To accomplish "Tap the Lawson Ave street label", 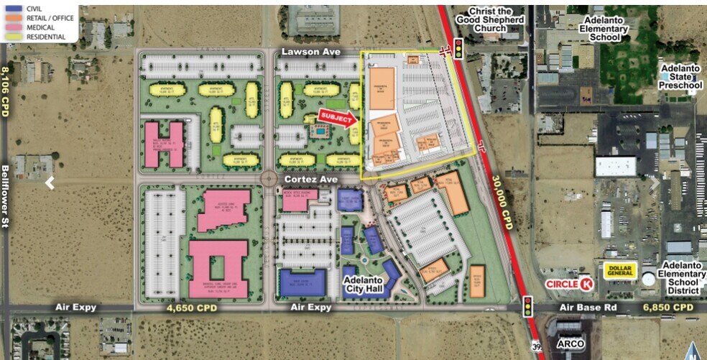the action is click(x=310, y=52).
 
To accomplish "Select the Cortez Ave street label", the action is click(x=310, y=178).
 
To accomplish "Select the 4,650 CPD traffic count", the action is click(x=191, y=308).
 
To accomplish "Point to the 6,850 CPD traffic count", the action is click(x=669, y=308).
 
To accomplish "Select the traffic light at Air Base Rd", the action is click(x=528, y=306).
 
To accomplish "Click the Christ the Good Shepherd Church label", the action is click(x=496, y=16).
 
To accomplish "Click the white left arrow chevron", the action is click(x=50, y=183).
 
